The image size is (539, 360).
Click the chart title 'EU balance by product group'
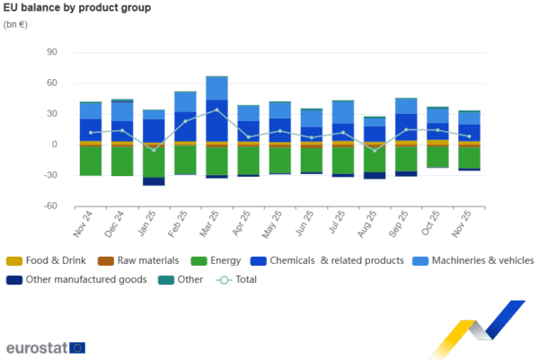[x=76, y=8]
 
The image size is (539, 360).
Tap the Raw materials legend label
[x=144, y=260]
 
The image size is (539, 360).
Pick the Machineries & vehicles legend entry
[x=472, y=260]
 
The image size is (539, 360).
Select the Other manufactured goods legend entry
[x=72, y=279]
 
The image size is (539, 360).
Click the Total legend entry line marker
[x=225, y=279]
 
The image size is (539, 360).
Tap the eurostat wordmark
[x=36, y=347]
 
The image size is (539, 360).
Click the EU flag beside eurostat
[x=77, y=347]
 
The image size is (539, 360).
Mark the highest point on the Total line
[x=216, y=110]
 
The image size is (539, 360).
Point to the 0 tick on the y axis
[x=54, y=145]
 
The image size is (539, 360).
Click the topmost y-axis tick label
[x=52, y=52]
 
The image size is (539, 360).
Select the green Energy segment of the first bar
[x=90, y=161]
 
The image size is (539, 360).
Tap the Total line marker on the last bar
[x=469, y=136]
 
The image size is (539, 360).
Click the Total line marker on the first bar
[x=90, y=133]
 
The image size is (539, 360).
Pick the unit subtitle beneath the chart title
[x=15, y=23]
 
